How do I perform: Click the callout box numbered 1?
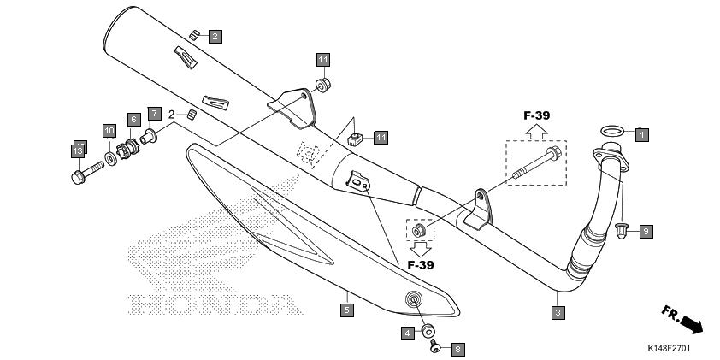[642, 134]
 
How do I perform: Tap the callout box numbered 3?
[558, 313]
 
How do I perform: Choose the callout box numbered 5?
[346, 310]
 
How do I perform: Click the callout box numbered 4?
[407, 333]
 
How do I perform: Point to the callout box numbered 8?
[457, 350]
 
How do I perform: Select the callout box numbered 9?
[646, 232]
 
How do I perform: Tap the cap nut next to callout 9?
[622, 231]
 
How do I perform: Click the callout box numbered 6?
[133, 120]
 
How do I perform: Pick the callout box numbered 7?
[154, 114]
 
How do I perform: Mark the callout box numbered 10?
[109, 131]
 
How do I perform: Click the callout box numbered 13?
[78, 151]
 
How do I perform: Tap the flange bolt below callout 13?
[88, 173]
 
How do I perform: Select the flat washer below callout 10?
[110, 158]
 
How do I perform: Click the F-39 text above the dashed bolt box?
[536, 115]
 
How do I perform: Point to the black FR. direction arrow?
[692, 324]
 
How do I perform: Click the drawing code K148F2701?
[669, 349]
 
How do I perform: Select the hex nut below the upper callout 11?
[323, 86]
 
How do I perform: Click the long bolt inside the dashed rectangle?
[537, 162]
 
